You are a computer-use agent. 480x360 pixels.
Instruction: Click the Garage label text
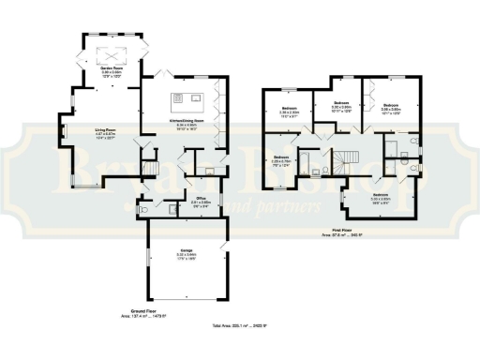pyautogui.click(x=187, y=251)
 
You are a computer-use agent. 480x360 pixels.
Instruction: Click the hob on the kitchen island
pyautogui.click(x=177, y=97)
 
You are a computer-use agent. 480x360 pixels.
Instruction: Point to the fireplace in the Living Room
pyautogui.click(x=65, y=131)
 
